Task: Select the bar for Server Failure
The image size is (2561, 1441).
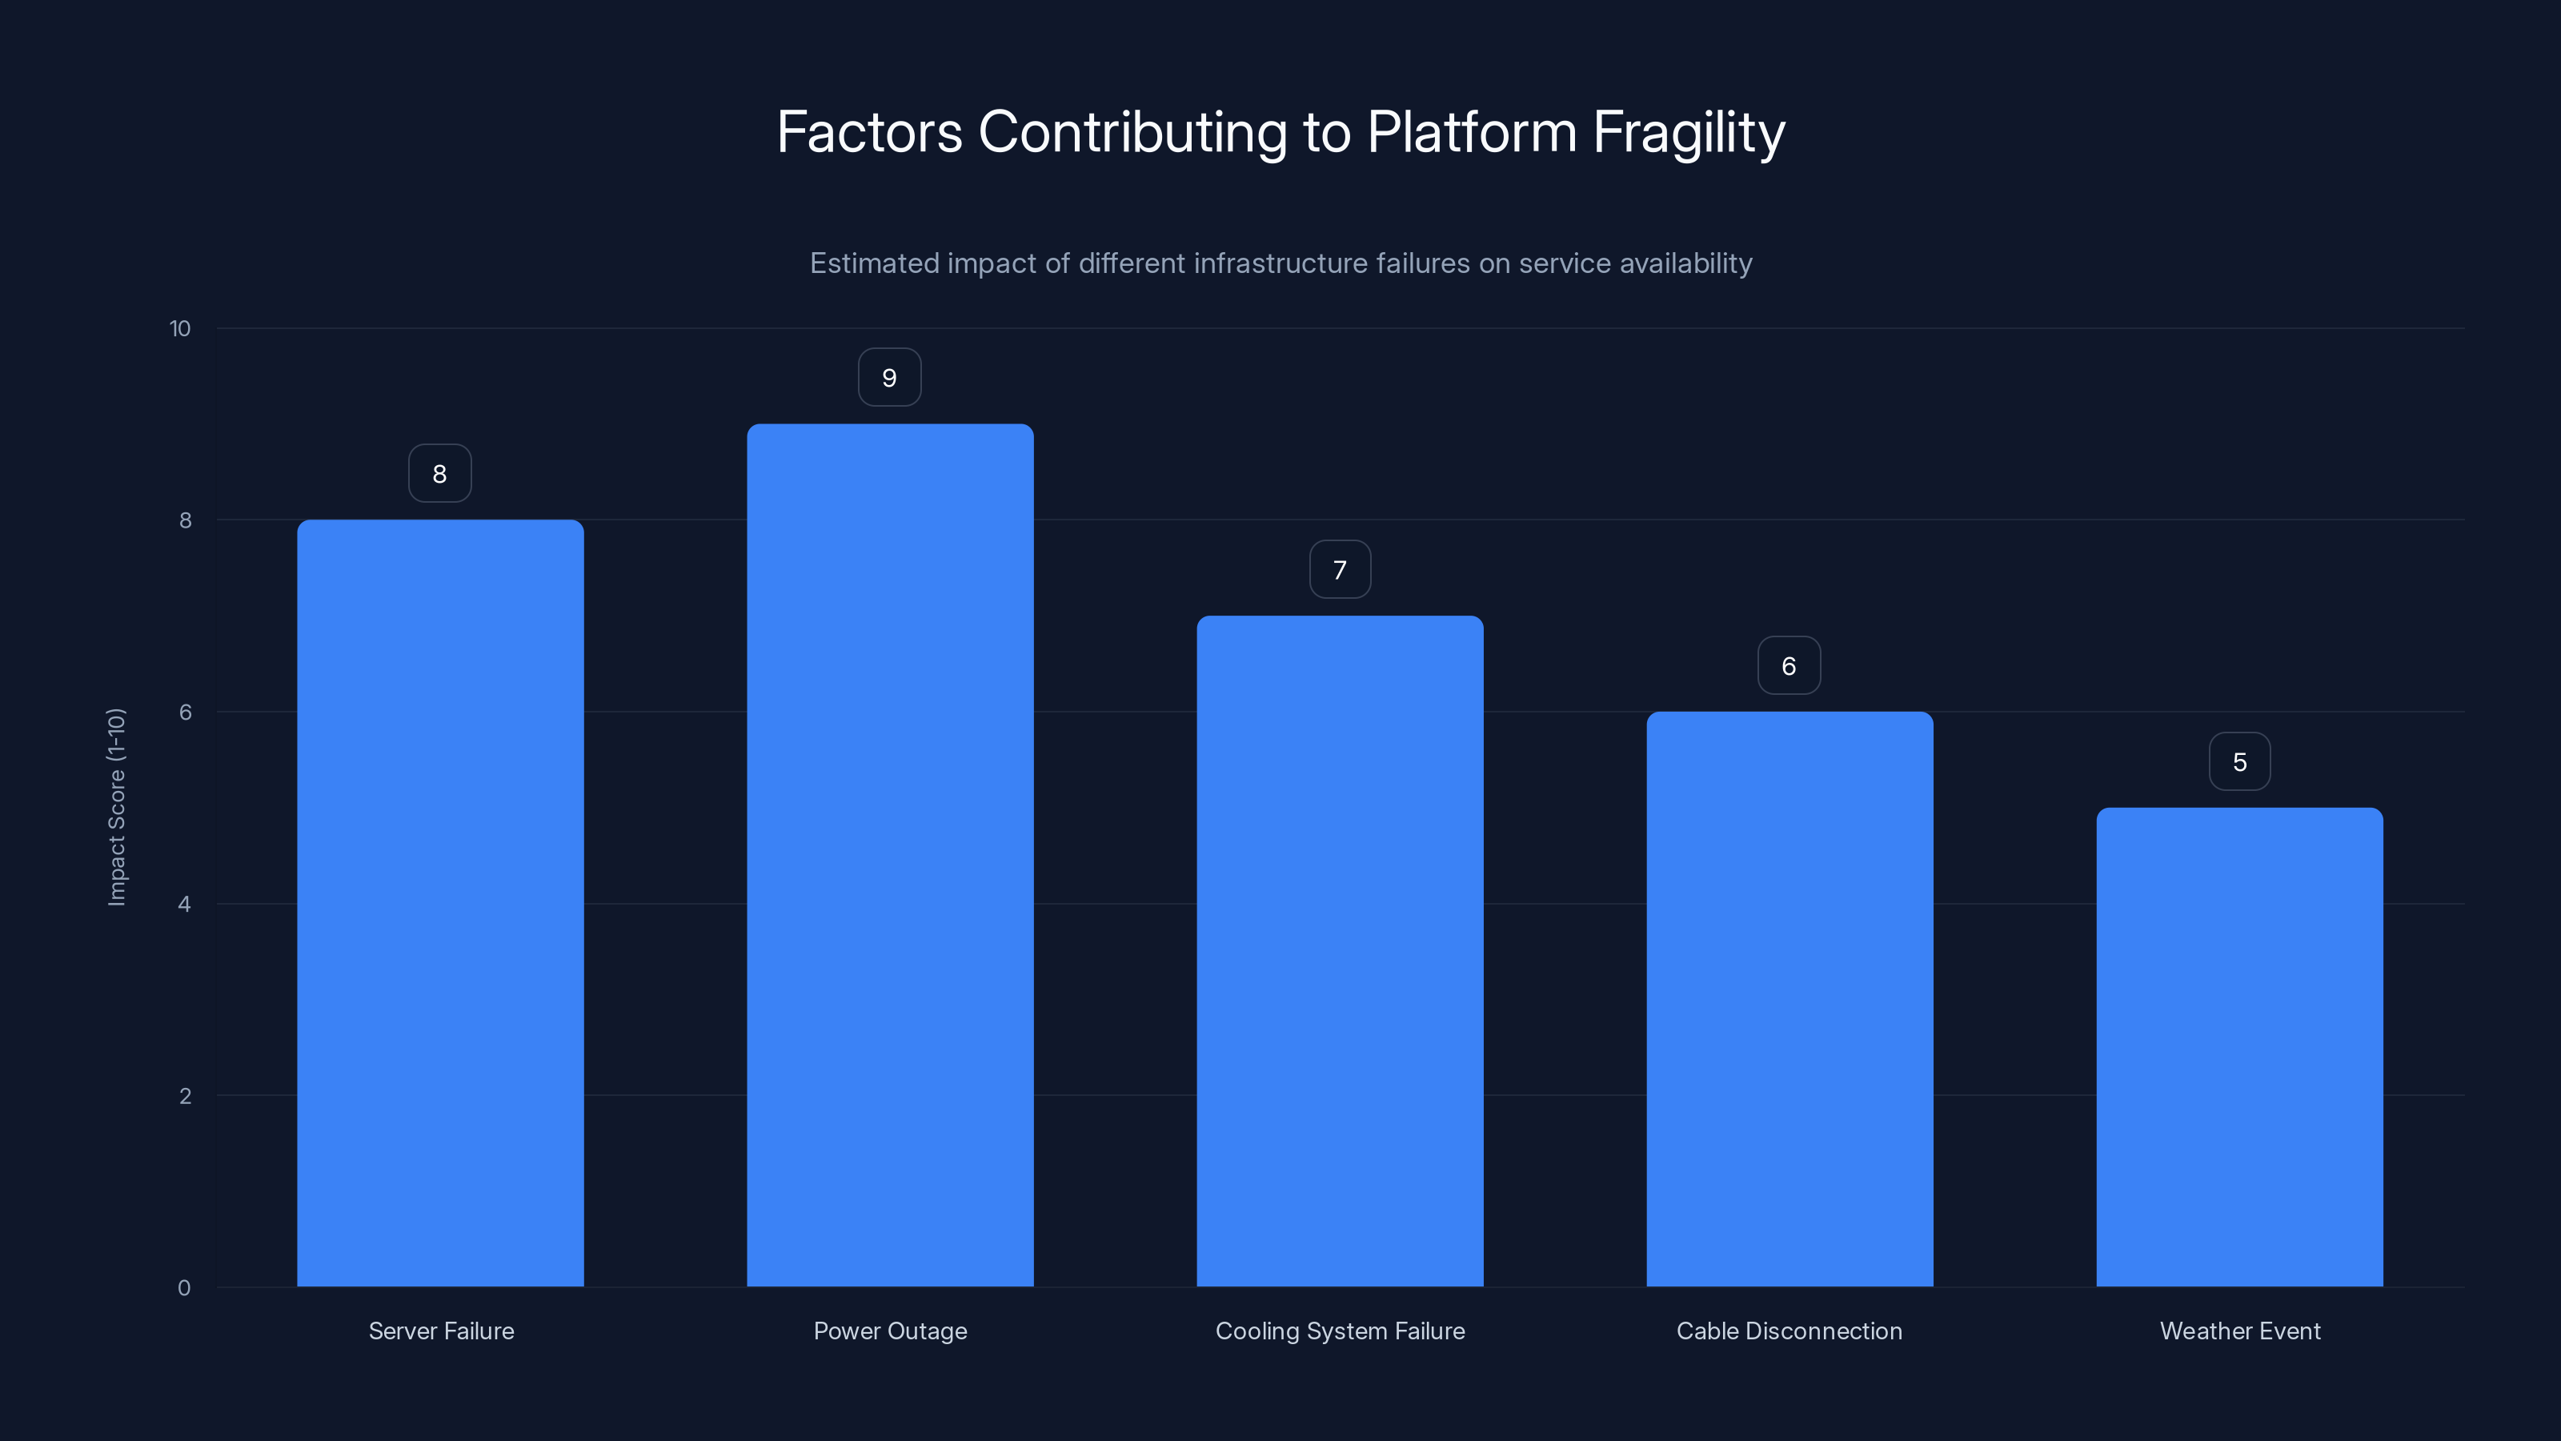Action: point(440,903)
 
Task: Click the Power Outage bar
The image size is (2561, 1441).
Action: point(890,855)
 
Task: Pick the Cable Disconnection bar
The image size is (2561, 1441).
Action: point(1789,998)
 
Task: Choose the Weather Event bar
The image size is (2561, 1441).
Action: point(2239,1046)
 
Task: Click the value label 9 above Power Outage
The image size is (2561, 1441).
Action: point(890,378)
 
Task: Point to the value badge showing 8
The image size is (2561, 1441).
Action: point(439,473)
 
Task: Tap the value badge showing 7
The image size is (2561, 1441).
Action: point(1339,570)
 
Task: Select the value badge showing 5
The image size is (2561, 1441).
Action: point(2239,762)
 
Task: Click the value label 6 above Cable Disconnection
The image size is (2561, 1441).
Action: point(1789,666)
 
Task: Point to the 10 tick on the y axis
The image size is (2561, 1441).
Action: point(180,328)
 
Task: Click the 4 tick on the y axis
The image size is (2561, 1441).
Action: point(184,904)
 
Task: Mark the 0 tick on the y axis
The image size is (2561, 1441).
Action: point(184,1288)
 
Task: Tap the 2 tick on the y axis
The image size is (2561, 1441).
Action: point(185,1096)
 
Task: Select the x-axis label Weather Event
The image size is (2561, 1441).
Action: point(2240,1331)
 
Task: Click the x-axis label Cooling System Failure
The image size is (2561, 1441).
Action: point(1339,1331)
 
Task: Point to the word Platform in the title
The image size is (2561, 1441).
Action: point(1472,132)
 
